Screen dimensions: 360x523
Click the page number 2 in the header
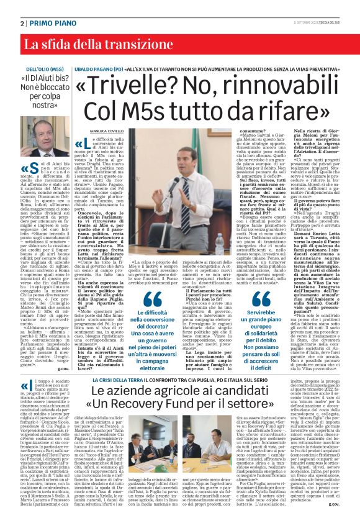coord(22,23)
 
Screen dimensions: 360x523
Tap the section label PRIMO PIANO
coord(50,23)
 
